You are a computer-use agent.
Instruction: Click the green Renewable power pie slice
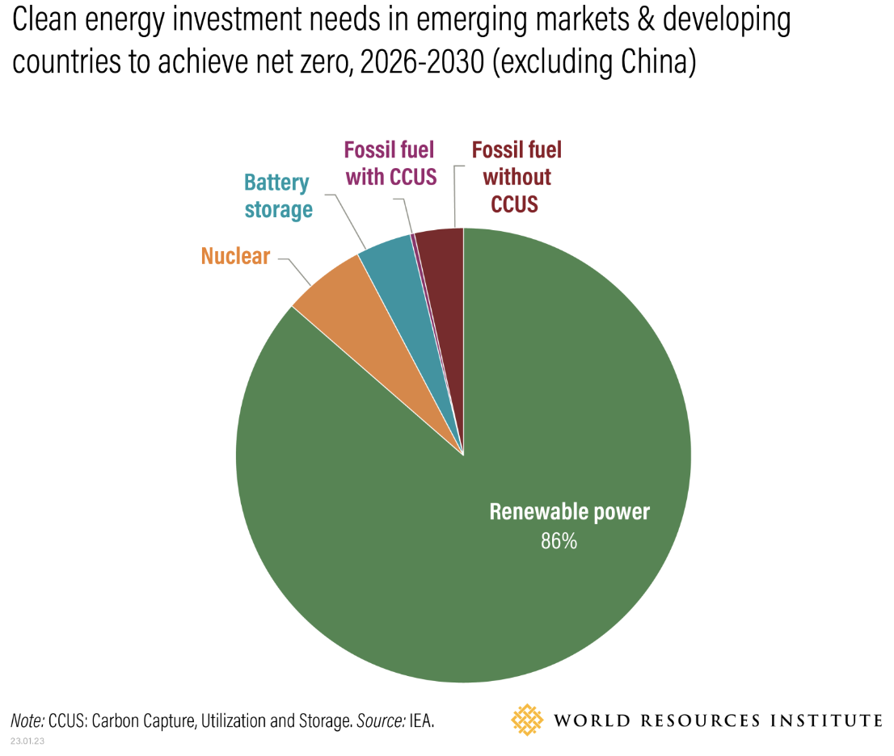click(453, 565)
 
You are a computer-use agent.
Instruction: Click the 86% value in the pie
click(559, 541)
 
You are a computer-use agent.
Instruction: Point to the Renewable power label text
click(569, 512)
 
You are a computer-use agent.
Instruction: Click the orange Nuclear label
click(235, 257)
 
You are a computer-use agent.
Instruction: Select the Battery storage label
click(278, 196)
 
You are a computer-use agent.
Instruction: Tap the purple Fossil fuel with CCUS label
click(389, 163)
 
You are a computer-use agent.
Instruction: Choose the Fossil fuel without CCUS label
click(516, 176)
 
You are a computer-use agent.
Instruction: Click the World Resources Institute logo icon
click(528, 719)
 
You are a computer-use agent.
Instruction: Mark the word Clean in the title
click(46, 20)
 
